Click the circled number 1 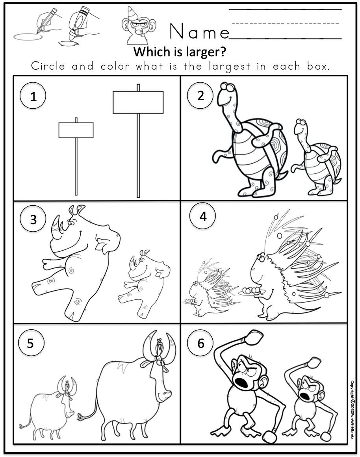pyautogui.click(x=33, y=96)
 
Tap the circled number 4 pyautogui.click(x=202, y=217)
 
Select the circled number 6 pyautogui.click(x=200, y=343)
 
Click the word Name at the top pyautogui.click(x=199, y=32)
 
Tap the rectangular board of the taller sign pyautogui.click(x=138, y=102)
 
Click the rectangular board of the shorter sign pyautogui.click(x=76, y=130)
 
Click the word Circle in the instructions pyautogui.click(x=48, y=66)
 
